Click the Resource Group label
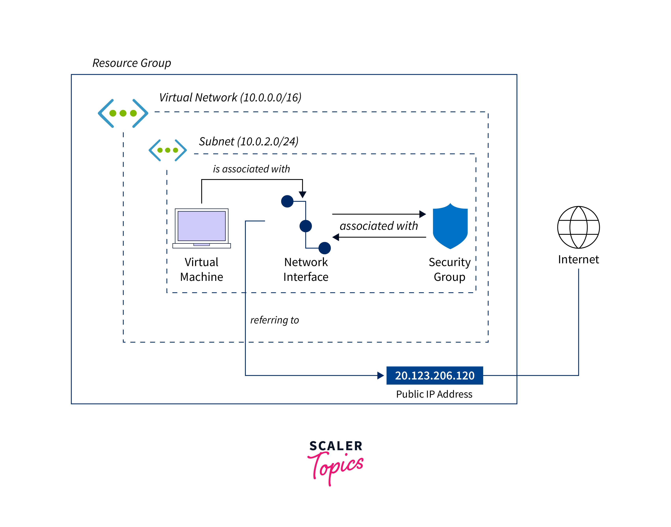click(x=132, y=63)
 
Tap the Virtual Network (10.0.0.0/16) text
click(x=230, y=97)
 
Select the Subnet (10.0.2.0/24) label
click(x=248, y=141)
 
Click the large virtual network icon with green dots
click(x=123, y=113)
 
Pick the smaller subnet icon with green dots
click(x=167, y=150)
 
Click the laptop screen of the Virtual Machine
click(x=201, y=226)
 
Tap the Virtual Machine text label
click(x=201, y=269)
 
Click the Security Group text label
click(x=450, y=269)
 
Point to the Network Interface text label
click(x=306, y=269)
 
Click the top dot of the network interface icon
click(x=287, y=202)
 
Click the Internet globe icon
click(x=578, y=227)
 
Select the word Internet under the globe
click(x=578, y=260)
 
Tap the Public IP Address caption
click(x=434, y=394)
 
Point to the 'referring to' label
click(x=275, y=320)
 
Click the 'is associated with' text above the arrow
click(x=251, y=169)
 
